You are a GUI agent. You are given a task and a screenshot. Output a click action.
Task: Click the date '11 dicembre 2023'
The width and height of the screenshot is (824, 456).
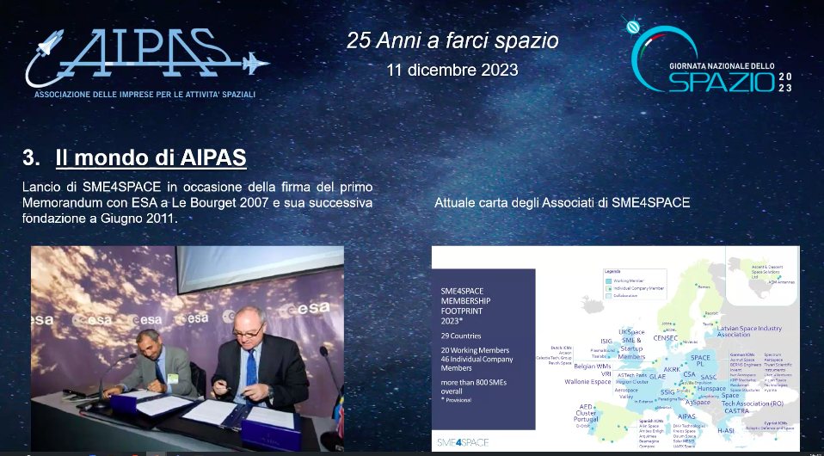[x=452, y=70]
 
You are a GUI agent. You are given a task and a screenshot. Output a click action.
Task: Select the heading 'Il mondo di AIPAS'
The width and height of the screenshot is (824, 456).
[x=151, y=158]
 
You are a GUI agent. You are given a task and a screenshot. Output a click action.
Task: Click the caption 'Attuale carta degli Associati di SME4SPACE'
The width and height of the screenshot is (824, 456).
[x=563, y=202]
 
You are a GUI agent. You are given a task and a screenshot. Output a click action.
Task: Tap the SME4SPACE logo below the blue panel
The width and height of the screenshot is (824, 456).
[x=464, y=441]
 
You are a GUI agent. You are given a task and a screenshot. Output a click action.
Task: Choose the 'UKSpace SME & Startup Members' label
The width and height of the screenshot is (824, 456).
[x=630, y=344]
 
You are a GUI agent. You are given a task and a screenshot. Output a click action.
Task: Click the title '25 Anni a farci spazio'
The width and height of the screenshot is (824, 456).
[x=452, y=40]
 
